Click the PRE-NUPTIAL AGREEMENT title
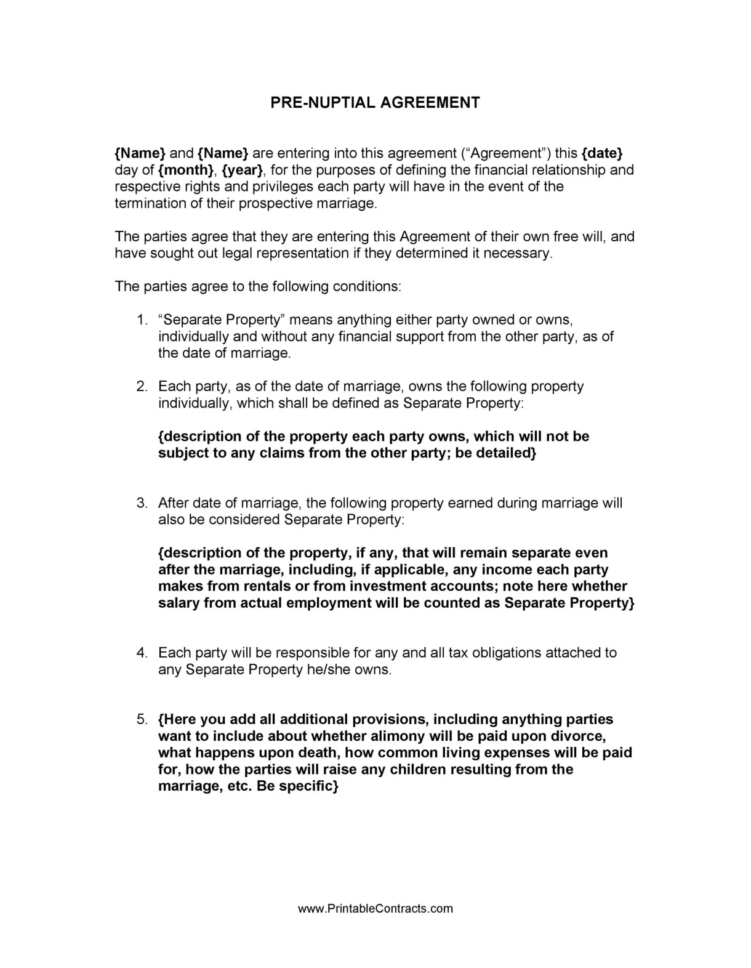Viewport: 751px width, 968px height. point(375,103)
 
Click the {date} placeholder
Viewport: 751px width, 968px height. point(601,153)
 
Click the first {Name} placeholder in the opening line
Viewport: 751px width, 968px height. point(140,153)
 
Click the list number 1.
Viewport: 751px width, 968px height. point(142,320)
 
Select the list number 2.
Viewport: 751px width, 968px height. point(142,387)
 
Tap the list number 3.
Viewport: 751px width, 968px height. point(142,503)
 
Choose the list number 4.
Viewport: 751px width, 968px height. point(142,653)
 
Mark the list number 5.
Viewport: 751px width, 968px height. point(142,720)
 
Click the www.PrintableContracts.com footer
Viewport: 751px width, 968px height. point(375,908)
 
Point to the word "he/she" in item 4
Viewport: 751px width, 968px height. point(328,669)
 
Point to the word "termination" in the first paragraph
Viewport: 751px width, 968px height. point(150,204)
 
